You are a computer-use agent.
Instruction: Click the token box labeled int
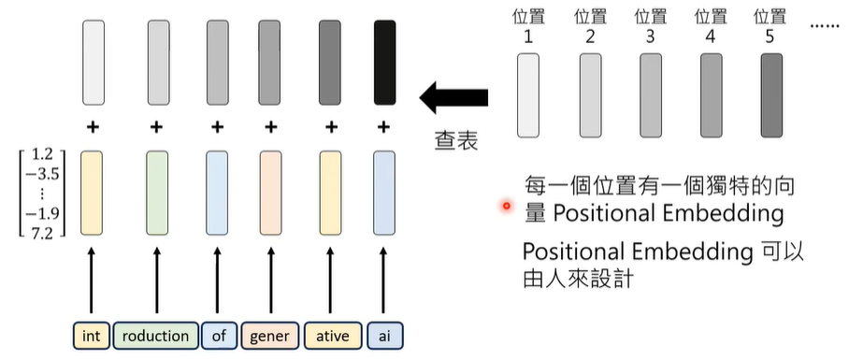click(91, 335)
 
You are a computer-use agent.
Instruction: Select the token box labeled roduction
click(156, 335)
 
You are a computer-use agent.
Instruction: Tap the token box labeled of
click(218, 335)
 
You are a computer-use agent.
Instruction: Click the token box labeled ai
click(383, 335)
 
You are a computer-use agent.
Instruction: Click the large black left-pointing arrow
click(453, 96)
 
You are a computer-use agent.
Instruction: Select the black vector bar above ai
click(383, 62)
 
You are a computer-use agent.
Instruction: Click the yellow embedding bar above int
click(91, 193)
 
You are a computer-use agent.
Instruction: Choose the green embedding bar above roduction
click(157, 193)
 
